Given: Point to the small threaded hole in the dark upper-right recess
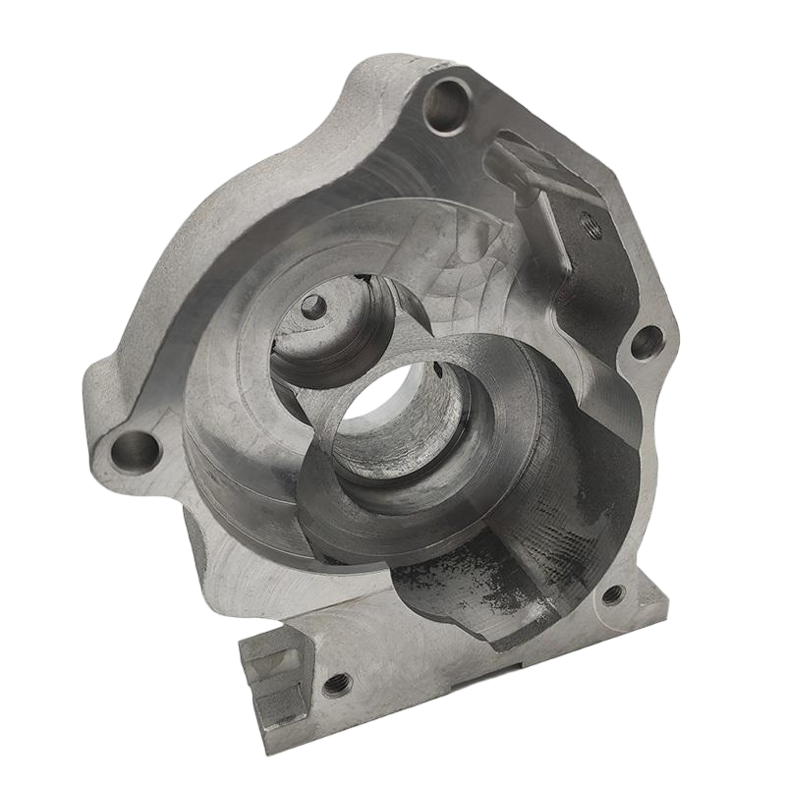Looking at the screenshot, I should coord(590,223).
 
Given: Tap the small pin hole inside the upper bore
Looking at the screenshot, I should coord(312,306).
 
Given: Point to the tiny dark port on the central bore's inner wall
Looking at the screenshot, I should coord(438,371).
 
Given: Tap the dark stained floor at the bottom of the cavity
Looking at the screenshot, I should coord(462,589).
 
